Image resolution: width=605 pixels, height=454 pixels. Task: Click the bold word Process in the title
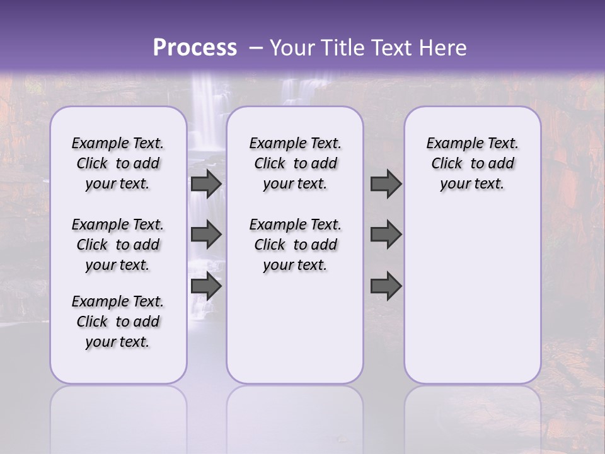pos(195,48)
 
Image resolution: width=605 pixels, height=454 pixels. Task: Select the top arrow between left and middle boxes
pos(206,183)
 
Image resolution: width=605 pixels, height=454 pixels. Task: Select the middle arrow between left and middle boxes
pos(206,235)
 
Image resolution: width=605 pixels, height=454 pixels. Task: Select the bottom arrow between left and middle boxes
pos(206,286)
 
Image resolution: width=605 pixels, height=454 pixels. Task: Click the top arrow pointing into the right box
pos(386,183)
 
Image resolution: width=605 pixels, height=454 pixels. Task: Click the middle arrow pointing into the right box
pos(386,235)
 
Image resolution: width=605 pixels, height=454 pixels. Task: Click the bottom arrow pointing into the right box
pos(386,286)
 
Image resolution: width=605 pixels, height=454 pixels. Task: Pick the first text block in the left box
pos(118,163)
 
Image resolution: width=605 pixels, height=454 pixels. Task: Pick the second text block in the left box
pos(118,245)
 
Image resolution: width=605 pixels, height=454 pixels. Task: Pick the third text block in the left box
pos(118,322)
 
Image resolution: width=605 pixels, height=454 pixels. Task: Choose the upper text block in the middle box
pos(295,163)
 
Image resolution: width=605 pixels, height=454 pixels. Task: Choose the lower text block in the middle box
pos(295,245)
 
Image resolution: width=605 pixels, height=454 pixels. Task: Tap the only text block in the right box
pos(472,163)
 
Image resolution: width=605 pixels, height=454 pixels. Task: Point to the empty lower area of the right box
pos(472,296)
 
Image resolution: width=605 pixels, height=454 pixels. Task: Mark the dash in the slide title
pos(255,48)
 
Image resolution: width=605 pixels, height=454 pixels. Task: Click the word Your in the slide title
pos(291,48)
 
